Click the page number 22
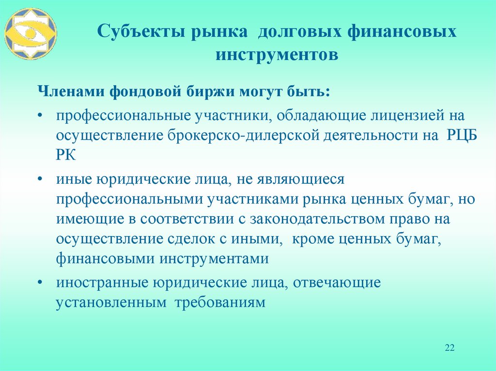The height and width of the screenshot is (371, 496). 449,348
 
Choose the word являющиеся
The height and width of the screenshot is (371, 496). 296,179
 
